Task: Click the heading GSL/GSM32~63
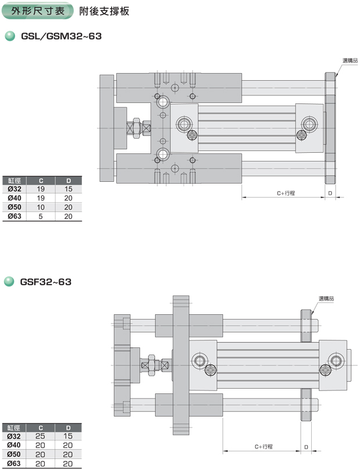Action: tap(61, 36)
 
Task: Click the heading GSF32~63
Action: tap(45, 282)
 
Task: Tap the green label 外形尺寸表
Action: tap(38, 11)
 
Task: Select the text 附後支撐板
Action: tap(105, 12)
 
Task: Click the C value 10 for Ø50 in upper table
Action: tap(41, 207)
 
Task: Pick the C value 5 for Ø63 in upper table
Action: tap(41, 217)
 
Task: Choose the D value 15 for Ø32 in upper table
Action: tap(69, 189)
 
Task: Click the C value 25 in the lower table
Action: tap(40, 436)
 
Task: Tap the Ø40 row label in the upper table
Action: tap(15, 198)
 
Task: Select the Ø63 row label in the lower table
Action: tap(14, 464)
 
